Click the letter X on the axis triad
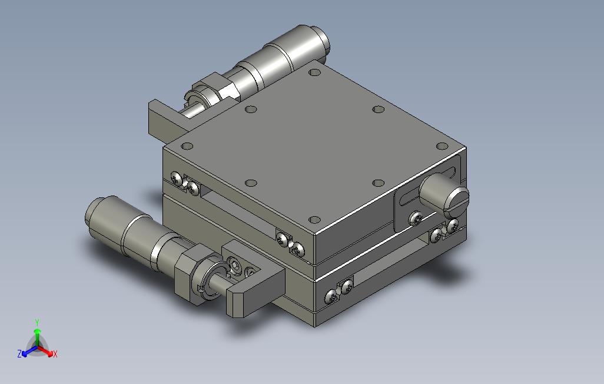[55, 354]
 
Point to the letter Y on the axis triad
[37, 322]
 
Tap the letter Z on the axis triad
[19, 353]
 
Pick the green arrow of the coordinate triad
[37, 337]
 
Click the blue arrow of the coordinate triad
[29, 351]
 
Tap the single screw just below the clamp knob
[415, 219]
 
